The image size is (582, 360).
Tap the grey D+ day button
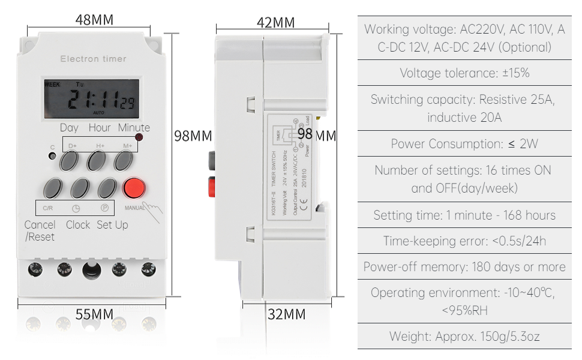70,160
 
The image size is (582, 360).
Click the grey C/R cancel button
52,188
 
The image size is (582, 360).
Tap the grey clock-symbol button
79,188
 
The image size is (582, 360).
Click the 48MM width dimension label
94,19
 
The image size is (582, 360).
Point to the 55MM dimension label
94,314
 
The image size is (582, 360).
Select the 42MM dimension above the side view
275,23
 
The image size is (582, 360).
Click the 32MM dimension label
286,314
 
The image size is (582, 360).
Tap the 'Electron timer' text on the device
93,59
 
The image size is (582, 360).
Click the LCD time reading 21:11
94,100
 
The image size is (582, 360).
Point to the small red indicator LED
140,138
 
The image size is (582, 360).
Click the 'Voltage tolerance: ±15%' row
464,73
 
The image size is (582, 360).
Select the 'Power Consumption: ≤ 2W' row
464,144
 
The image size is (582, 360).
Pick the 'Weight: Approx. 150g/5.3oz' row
464,336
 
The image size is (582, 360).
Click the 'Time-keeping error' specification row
464,241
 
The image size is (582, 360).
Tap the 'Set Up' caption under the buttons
112,225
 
